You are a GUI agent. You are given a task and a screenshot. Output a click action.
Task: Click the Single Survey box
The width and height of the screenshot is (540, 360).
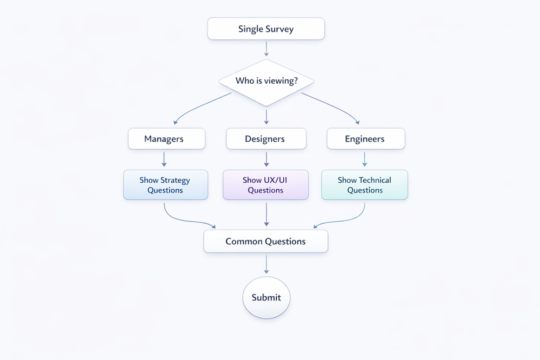point(266,29)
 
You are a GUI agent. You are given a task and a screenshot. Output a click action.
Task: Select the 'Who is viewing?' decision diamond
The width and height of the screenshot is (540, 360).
point(266,82)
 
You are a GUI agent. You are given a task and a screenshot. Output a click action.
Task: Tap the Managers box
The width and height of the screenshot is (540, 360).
point(166,139)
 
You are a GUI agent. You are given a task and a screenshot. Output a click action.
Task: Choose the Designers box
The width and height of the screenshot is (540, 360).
point(266,139)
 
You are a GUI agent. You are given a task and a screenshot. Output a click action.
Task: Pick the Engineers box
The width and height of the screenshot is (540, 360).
point(365,139)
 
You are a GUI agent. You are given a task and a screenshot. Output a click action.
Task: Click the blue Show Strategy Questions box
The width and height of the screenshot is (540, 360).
point(165,185)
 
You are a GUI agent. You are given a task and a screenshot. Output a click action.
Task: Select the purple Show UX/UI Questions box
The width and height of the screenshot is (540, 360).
point(266,185)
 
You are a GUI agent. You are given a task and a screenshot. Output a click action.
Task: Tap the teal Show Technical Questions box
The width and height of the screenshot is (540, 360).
point(364,185)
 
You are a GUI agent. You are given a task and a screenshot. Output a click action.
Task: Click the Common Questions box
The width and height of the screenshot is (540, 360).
point(266,241)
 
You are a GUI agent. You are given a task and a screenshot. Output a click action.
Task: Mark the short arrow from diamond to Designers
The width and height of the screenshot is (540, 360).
point(266,117)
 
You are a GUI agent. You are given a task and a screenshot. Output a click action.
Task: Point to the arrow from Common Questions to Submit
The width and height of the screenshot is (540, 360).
point(266,264)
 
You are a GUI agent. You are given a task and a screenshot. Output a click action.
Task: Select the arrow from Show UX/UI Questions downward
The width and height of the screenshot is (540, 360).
point(266,214)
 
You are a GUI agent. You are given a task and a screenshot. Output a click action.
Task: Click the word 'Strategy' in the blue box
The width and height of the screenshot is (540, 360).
point(175,180)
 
